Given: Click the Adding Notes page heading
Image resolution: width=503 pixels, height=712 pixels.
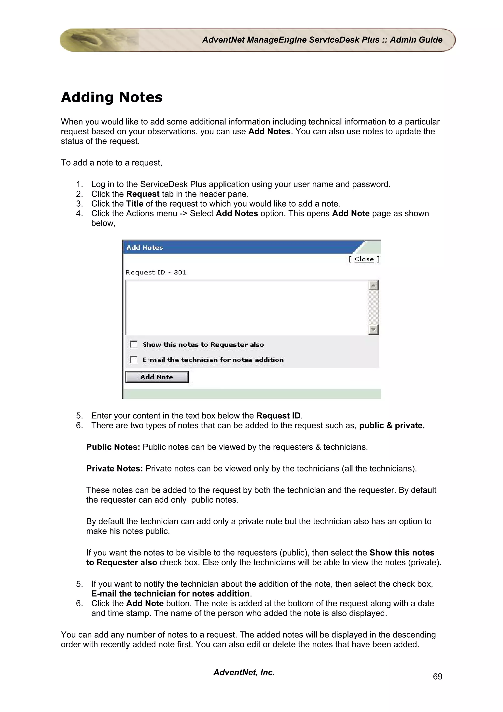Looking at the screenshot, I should point(112,97).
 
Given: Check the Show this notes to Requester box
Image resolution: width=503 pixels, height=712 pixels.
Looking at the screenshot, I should point(134,344).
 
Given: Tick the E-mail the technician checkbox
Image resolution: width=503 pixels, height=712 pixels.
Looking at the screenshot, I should point(134,360).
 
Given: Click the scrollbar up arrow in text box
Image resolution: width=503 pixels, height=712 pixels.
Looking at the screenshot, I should point(374,285).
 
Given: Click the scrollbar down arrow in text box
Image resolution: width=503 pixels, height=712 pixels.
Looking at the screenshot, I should point(374,330).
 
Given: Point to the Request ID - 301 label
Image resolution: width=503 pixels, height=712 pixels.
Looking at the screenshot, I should point(156,272).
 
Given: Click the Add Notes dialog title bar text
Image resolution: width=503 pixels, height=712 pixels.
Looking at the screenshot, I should point(144,248).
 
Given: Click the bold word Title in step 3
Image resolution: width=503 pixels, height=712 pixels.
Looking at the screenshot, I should point(135,204).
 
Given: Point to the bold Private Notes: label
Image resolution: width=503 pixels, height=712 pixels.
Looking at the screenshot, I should point(114,468).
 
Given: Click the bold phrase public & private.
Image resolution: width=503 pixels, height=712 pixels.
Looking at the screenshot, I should point(392,426).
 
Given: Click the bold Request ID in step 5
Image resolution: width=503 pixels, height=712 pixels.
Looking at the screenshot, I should point(278,416).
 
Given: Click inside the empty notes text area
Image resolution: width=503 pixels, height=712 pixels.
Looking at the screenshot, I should point(247,307).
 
